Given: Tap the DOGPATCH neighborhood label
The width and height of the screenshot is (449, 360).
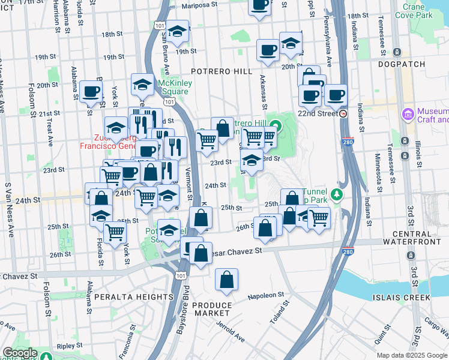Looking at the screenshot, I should point(402,64).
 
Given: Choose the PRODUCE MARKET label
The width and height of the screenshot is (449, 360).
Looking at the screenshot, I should point(211,309).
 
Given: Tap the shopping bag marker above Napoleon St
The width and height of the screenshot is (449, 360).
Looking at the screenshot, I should point(226,279).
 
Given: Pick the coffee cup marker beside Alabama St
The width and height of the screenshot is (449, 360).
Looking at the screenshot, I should point(91,91).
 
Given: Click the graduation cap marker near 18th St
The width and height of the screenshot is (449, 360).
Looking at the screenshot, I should point(177,32).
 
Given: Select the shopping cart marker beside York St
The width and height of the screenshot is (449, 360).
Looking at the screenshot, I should point(114,232).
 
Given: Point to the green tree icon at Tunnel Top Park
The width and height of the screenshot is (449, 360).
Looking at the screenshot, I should point(337,194).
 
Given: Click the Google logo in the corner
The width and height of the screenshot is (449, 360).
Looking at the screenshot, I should point(20,353).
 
